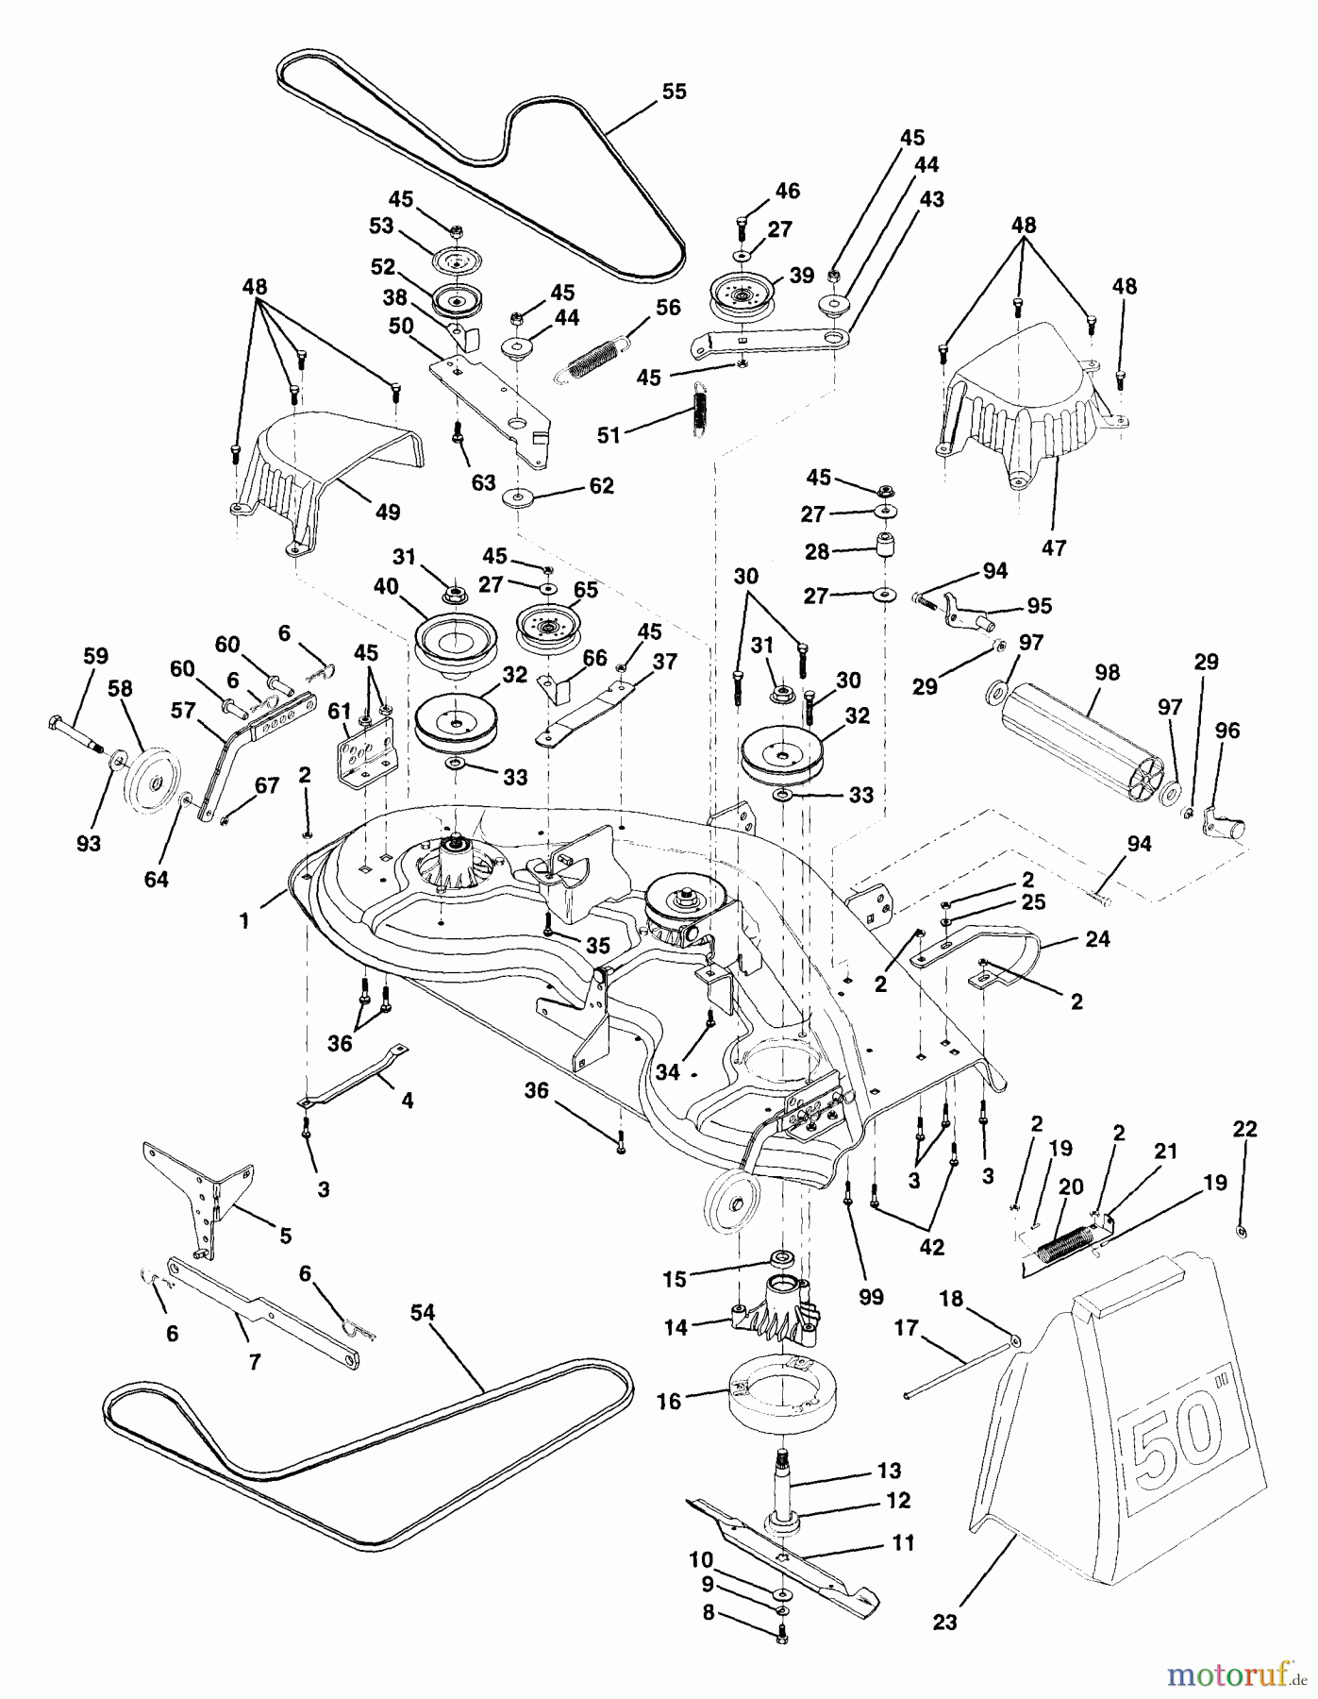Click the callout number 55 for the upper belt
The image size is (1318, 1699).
[x=674, y=92]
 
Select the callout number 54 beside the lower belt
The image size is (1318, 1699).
[x=426, y=1312]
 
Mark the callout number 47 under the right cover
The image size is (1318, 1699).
[x=1053, y=547]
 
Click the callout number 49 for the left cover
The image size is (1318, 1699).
[x=388, y=512]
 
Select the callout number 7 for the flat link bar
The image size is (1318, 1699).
[x=254, y=1360]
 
